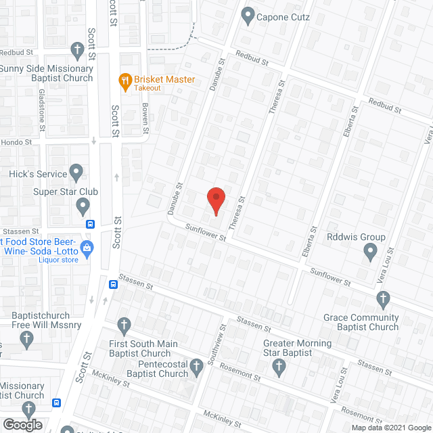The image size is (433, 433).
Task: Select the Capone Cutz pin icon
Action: click(x=247, y=14)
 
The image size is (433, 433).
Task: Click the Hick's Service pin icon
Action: click(x=76, y=171)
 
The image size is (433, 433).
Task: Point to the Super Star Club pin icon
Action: click(x=83, y=205)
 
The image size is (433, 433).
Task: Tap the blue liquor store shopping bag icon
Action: click(x=87, y=248)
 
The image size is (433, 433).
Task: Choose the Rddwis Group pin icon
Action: click(x=370, y=252)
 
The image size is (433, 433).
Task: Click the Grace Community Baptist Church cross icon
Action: click(x=383, y=298)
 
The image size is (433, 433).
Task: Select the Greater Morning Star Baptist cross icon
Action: click(x=278, y=366)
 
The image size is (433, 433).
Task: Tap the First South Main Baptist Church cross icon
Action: click(x=124, y=326)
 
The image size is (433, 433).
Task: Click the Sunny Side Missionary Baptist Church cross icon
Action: click(x=78, y=49)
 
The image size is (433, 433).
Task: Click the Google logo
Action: click(x=22, y=424)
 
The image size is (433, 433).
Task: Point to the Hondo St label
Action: click(x=17, y=142)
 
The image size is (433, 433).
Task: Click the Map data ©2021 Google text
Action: click(x=389, y=427)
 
